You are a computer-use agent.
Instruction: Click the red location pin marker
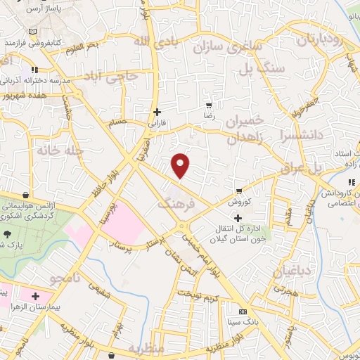(x=181, y=166)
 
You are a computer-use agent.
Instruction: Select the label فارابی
(x=156, y=122)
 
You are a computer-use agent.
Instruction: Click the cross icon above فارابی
(x=157, y=111)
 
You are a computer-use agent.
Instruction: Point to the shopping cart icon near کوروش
(x=240, y=191)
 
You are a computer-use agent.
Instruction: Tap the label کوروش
(x=238, y=200)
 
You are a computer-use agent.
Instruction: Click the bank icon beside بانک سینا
(x=243, y=311)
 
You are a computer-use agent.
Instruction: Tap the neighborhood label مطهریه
(x=146, y=349)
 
